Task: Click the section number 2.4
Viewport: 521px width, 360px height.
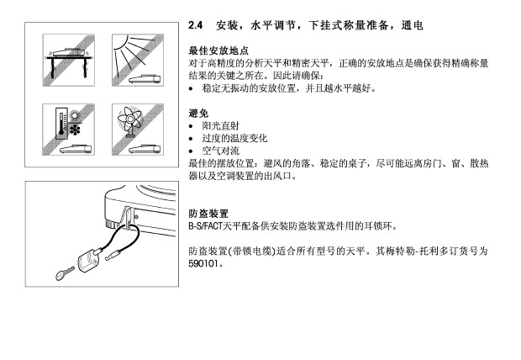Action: (195, 25)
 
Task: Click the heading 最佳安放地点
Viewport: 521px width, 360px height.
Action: (218, 50)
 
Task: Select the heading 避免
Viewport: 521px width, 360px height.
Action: (198, 113)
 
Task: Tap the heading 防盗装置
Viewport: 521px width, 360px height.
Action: (208, 214)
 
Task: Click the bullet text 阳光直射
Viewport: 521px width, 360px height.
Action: (221, 126)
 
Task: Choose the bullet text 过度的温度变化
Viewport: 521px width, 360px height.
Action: (234, 138)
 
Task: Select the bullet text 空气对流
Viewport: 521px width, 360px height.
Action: (221, 151)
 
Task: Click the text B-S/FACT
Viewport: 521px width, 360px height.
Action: (205, 226)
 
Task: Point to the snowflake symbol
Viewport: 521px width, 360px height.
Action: (75, 130)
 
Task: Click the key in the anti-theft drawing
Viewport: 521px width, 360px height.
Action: (65, 274)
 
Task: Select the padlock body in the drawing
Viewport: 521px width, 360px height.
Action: (87, 260)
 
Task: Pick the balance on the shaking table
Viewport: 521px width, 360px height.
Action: (68, 52)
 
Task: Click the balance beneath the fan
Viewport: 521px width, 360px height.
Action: (145, 149)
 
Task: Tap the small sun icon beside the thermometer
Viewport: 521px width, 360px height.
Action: (75, 115)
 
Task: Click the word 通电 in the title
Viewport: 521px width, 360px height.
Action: (412, 25)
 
